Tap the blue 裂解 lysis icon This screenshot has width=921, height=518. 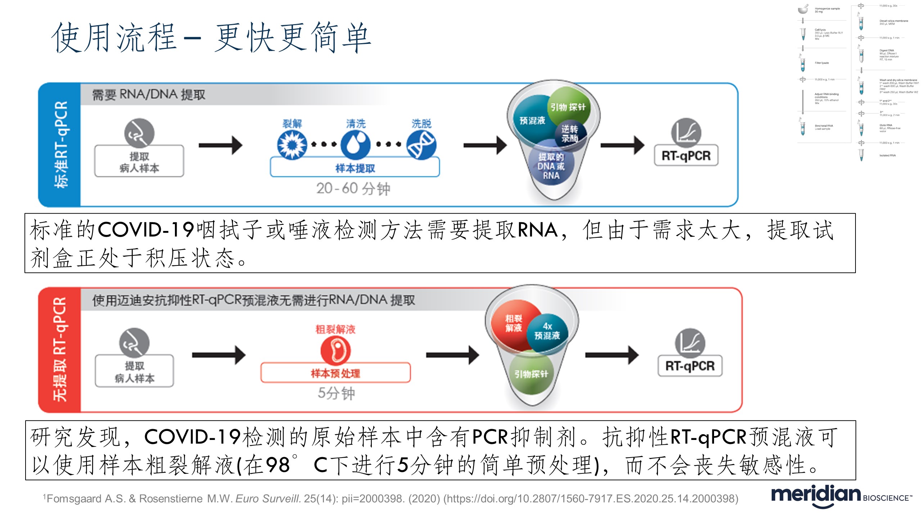[x=292, y=145]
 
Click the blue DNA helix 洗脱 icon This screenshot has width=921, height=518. [x=421, y=145]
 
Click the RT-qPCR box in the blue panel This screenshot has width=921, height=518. [x=686, y=155]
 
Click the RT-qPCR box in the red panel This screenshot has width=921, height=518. [x=690, y=365]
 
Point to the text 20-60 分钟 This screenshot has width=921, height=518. [x=353, y=188]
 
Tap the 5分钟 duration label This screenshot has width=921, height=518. [x=336, y=393]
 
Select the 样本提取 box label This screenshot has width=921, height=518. [x=355, y=168]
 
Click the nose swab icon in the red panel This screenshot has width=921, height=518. [x=134, y=342]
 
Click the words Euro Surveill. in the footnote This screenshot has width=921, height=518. [x=268, y=499]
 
